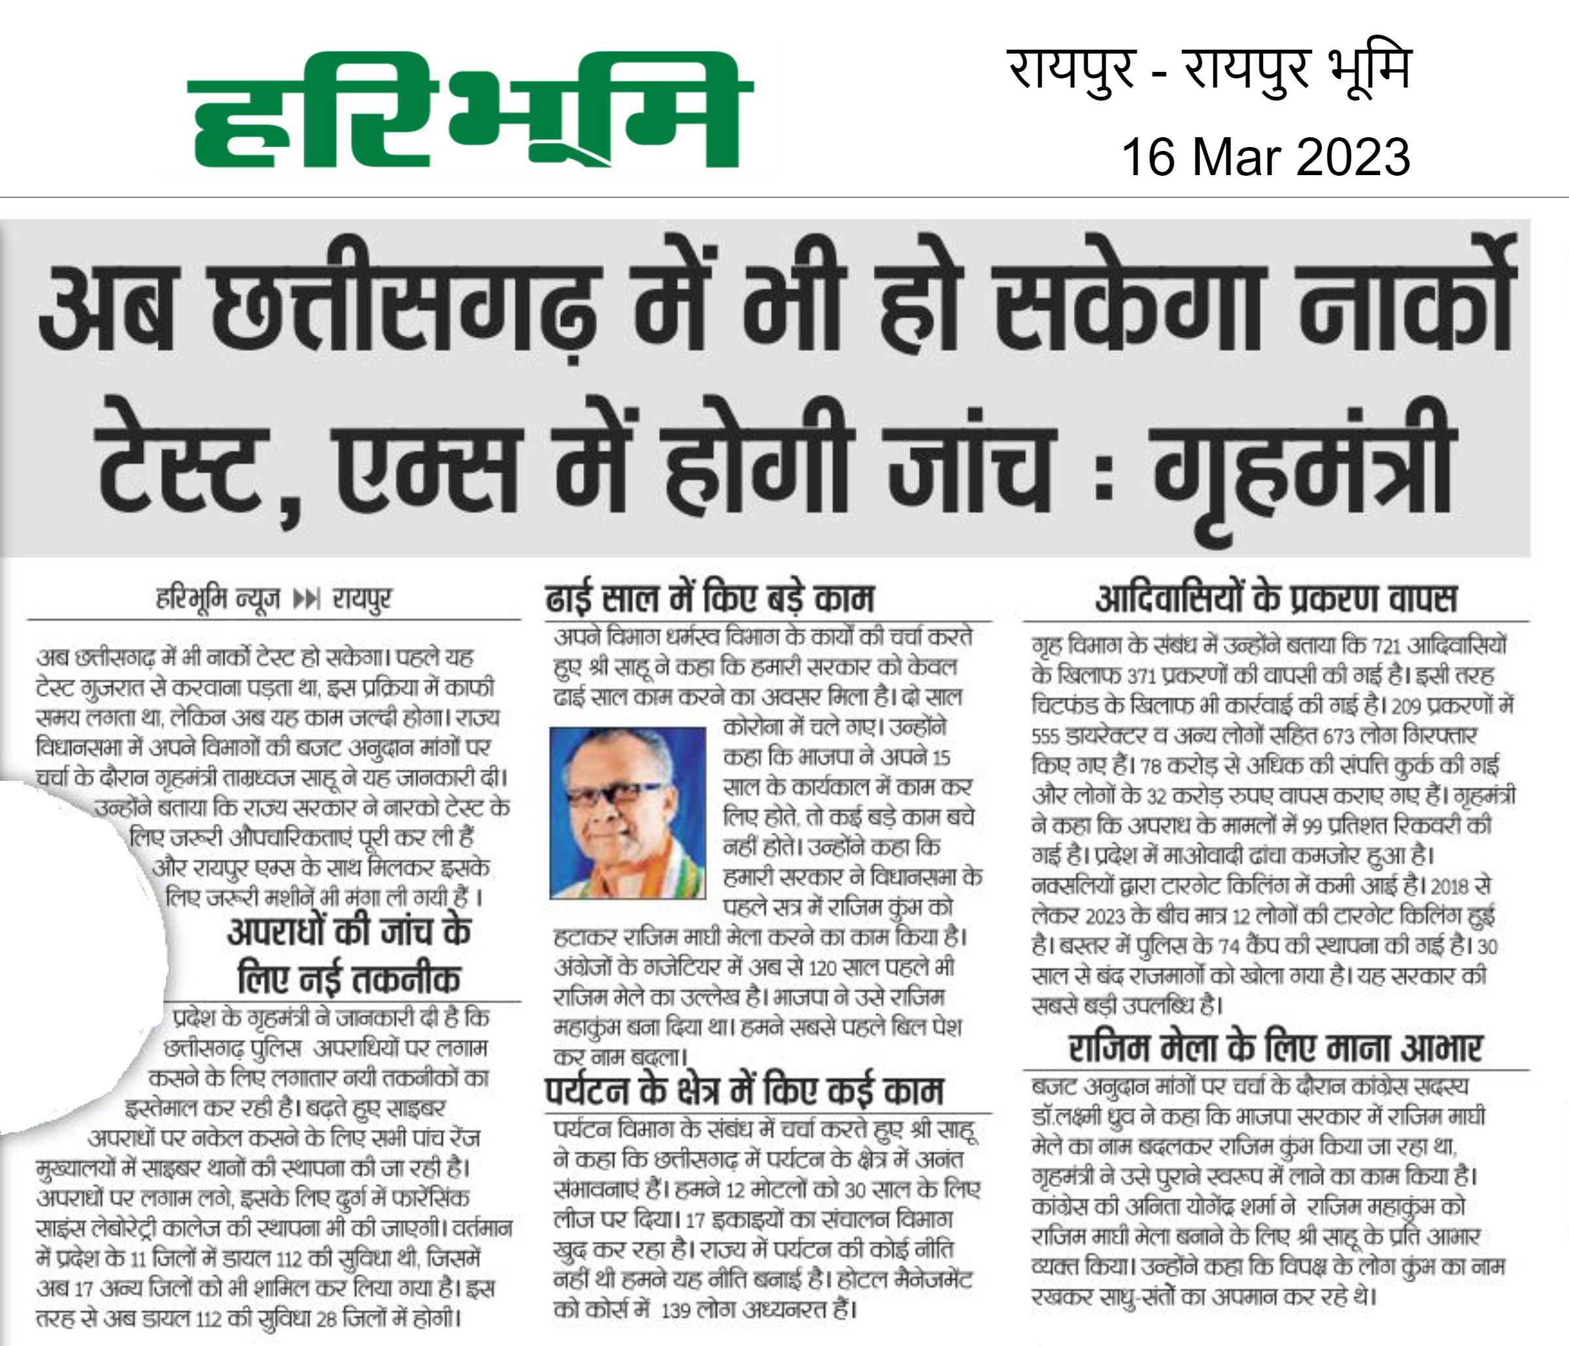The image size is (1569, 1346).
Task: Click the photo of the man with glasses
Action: (627, 812)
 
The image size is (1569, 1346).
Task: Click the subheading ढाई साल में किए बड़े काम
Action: (709, 599)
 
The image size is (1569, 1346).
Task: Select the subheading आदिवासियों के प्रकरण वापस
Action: (1275, 599)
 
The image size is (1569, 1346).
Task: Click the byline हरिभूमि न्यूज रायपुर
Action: (273, 600)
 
